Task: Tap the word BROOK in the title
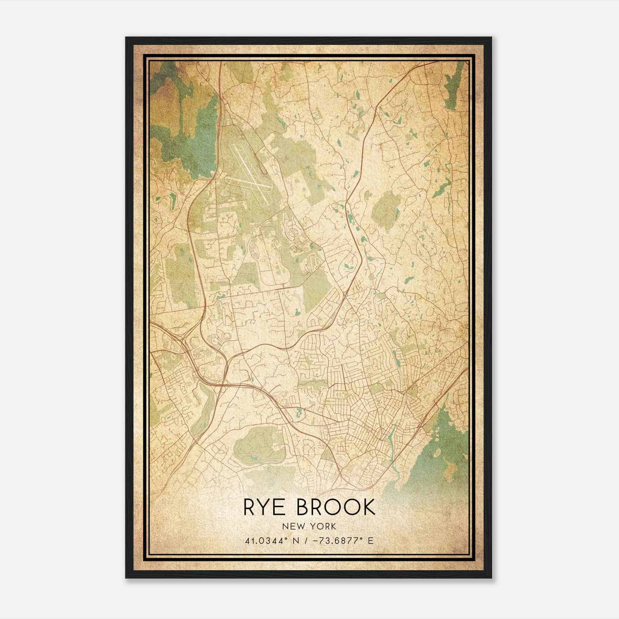[x=335, y=507]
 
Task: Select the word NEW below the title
[x=294, y=526]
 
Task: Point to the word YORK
[x=323, y=526]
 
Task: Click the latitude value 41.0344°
[x=267, y=540]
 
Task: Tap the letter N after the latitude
[x=298, y=540]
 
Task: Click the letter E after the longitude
[x=371, y=540]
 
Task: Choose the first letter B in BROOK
[x=304, y=507]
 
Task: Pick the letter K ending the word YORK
[x=333, y=526]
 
